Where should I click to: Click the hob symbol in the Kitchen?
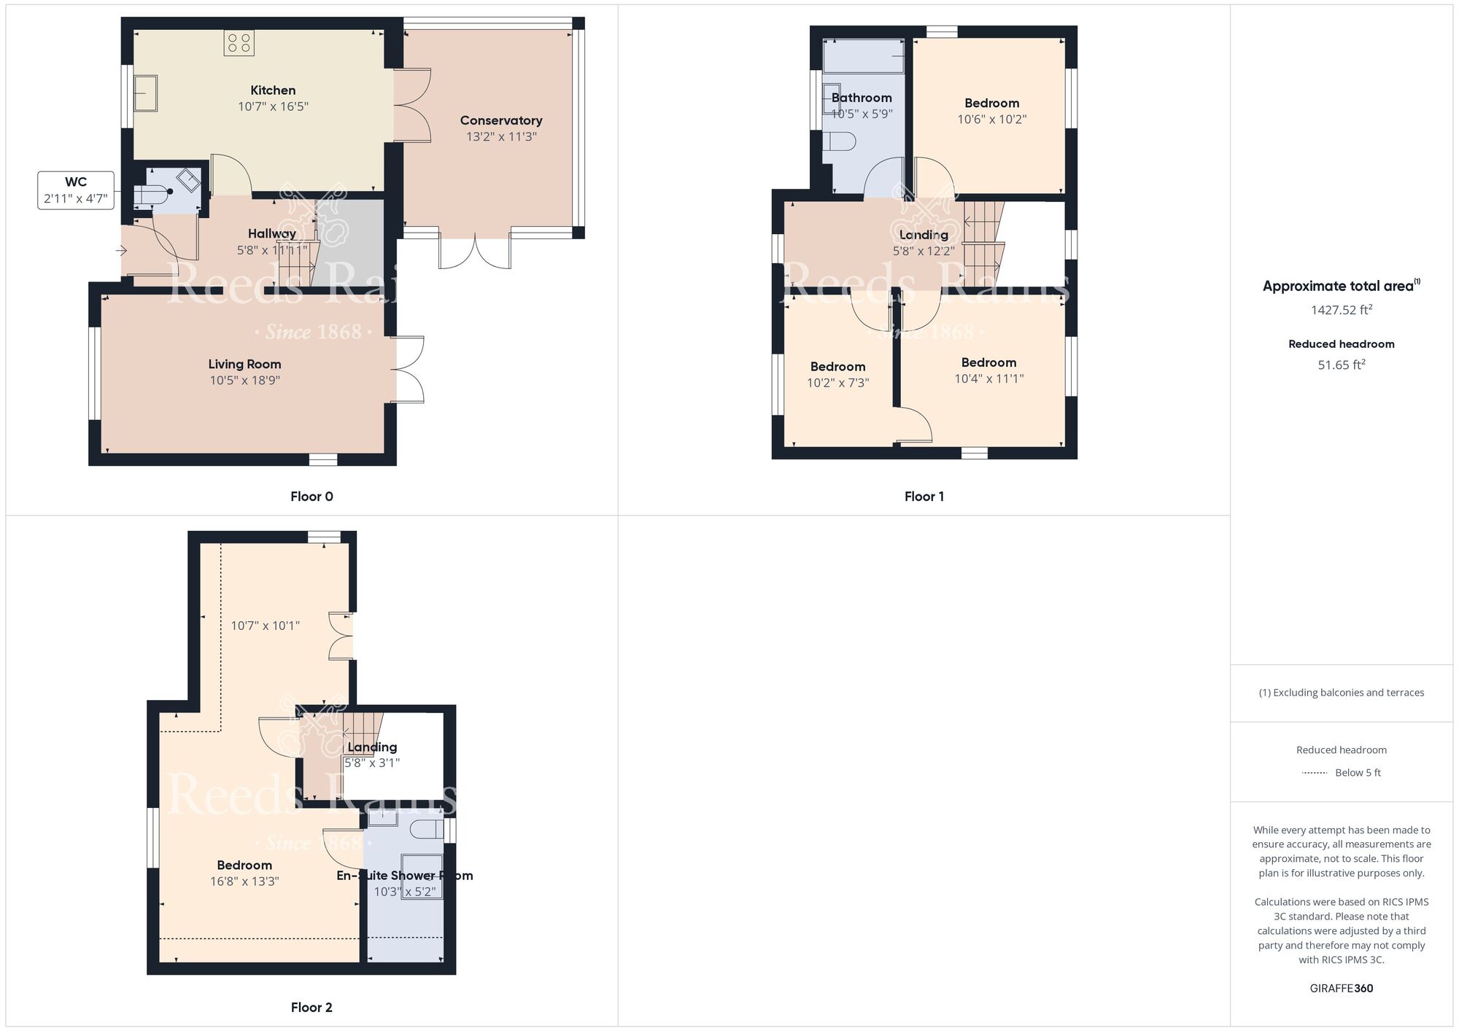pyautogui.click(x=239, y=43)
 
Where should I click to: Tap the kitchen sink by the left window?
pyautogui.click(x=146, y=93)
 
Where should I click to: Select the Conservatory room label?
pyautogui.click(x=500, y=120)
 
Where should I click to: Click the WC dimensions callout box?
pyautogui.click(x=76, y=190)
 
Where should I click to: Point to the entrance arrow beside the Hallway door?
pyautogui.click(x=121, y=252)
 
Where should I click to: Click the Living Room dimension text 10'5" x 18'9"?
pyautogui.click(x=244, y=380)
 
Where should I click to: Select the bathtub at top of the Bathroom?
pyautogui.click(x=864, y=56)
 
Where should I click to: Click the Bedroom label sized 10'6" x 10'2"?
pyautogui.click(x=991, y=104)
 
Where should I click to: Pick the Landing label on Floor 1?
pyautogui.click(x=924, y=235)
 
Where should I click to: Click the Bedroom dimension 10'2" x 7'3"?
pyautogui.click(x=837, y=383)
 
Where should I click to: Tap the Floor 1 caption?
pyautogui.click(x=924, y=497)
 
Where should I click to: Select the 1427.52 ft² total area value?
pyautogui.click(x=1341, y=310)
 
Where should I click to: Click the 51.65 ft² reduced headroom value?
pyautogui.click(x=1341, y=365)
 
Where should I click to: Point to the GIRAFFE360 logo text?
pyautogui.click(x=1341, y=989)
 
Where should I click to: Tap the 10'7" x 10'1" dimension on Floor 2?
pyautogui.click(x=265, y=626)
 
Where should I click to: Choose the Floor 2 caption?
pyautogui.click(x=311, y=1008)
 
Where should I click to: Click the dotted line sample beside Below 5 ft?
pyautogui.click(x=1315, y=773)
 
